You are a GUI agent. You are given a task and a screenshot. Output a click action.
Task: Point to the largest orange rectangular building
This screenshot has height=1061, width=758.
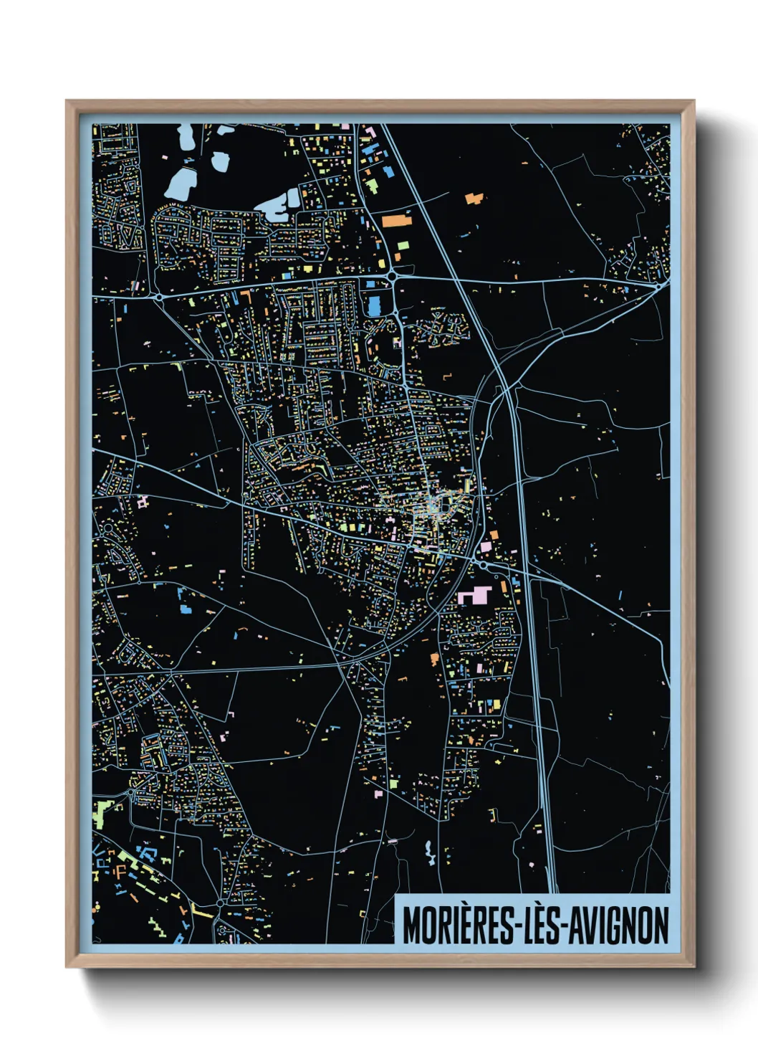[396, 220]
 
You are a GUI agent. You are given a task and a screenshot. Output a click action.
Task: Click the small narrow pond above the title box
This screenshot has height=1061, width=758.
[429, 853]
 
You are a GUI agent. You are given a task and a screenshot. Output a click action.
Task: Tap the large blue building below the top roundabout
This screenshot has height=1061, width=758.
[373, 307]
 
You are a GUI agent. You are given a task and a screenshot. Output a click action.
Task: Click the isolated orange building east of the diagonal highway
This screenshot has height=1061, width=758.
[474, 197]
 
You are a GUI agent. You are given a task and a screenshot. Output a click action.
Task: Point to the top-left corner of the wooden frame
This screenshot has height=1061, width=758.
[67, 101]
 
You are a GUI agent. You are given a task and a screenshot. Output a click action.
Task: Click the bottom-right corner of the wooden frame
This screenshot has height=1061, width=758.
[694, 967]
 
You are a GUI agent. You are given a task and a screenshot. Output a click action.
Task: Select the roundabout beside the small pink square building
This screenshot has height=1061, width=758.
[484, 565]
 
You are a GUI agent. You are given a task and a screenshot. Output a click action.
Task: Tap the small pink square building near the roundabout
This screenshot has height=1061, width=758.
[486, 548]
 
